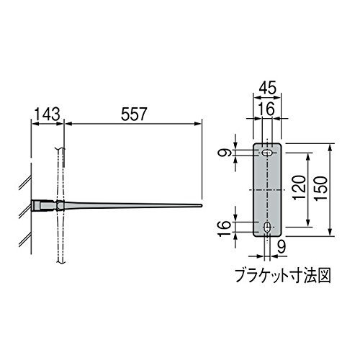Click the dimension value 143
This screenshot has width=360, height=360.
pos(48,114)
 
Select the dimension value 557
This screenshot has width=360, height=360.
pos(134,114)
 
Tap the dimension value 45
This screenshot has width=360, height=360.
pos(268,88)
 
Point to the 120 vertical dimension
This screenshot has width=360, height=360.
pos(300,187)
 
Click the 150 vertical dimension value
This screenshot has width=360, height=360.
pos(322,188)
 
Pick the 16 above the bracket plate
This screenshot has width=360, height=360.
pos(268,109)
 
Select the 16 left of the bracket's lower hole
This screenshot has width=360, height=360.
pos(225,228)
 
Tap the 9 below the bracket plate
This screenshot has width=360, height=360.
pos(282,246)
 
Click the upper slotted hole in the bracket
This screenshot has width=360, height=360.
pos(266,153)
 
